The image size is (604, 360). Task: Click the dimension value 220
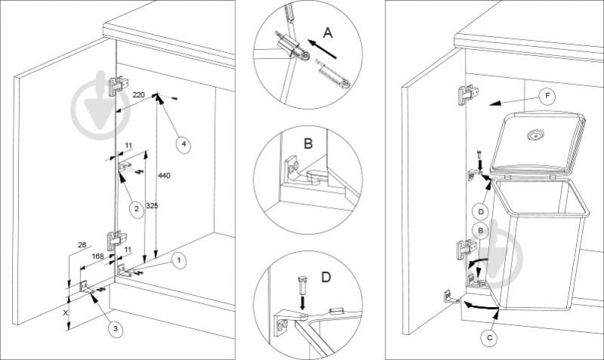(x=138, y=95)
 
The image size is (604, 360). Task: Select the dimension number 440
(x=164, y=175)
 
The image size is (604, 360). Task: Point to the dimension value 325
(x=152, y=206)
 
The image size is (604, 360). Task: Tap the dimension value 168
(x=98, y=256)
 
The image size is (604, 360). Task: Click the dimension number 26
(x=82, y=245)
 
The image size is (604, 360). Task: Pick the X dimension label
(x=66, y=313)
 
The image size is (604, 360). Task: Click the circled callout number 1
(x=178, y=261)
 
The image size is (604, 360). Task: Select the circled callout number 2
(x=136, y=209)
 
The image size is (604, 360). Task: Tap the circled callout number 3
(x=115, y=329)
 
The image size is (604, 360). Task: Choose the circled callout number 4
(x=184, y=144)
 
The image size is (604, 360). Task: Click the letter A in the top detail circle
(x=327, y=33)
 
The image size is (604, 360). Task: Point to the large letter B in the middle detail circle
(x=308, y=144)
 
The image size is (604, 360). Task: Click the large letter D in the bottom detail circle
(x=326, y=277)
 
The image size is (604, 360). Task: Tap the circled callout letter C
(x=490, y=338)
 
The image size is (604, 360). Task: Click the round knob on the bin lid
(x=534, y=135)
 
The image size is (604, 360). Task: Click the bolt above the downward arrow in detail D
(x=302, y=285)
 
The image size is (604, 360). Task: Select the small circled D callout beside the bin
(x=481, y=212)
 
